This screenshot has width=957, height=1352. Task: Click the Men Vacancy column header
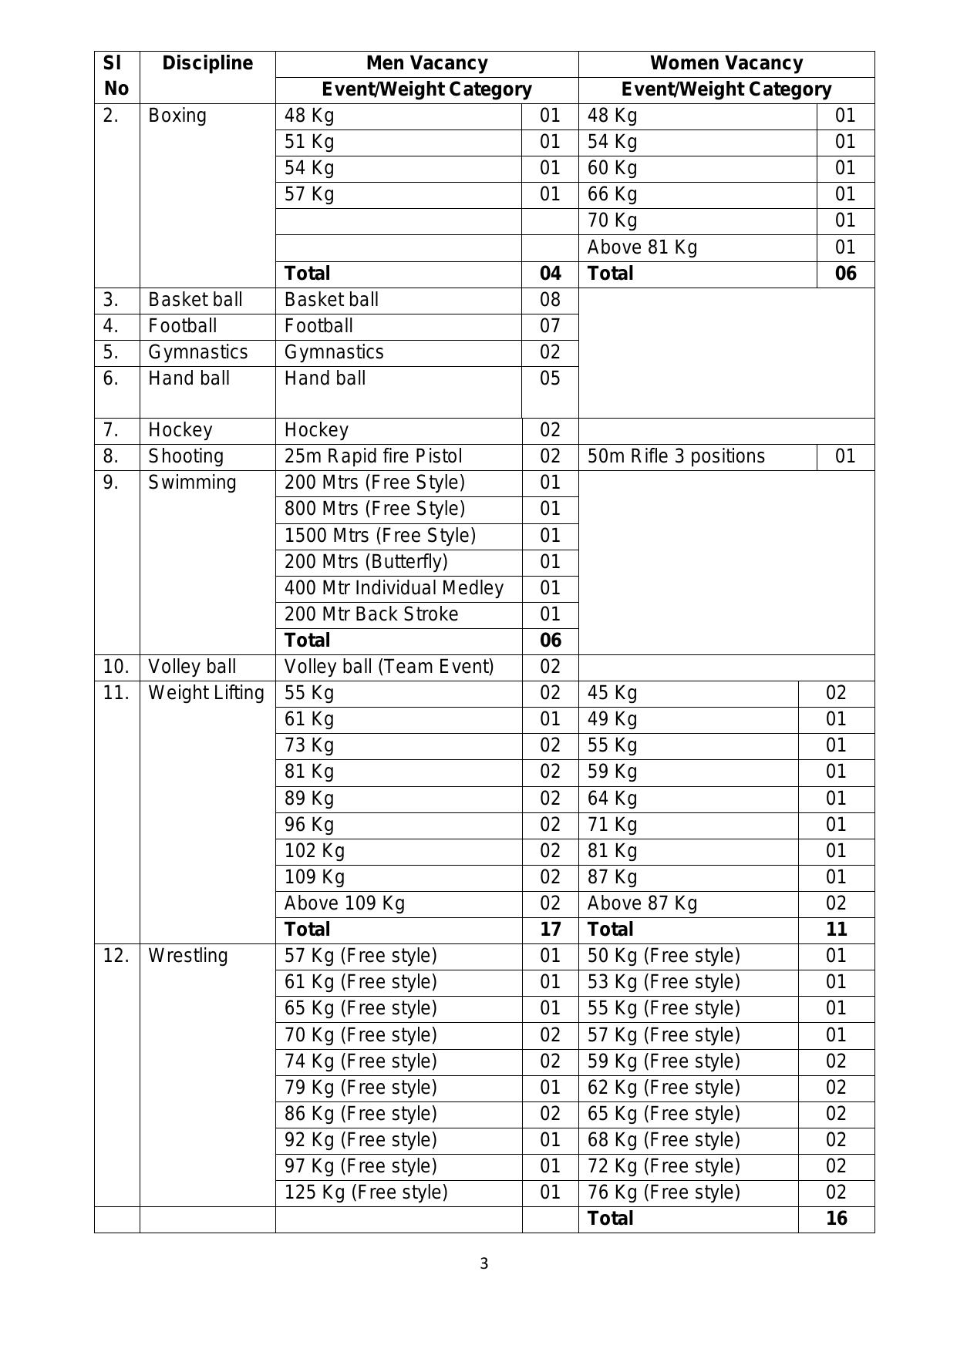pos(426,63)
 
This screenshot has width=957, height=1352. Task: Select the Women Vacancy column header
pos(726,63)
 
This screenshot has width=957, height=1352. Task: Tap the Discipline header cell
pos(207,63)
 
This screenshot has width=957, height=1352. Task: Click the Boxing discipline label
pos(177,116)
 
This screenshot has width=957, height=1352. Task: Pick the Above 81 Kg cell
pos(642,247)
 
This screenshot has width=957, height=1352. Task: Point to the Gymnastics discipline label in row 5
pos(198,352)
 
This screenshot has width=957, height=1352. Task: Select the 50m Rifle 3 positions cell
pos(676,456)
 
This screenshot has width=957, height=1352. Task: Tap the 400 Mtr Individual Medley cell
pos(393,588)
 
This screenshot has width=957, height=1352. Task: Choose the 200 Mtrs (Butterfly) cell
pos(366,562)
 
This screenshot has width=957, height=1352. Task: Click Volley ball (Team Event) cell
pos(389,667)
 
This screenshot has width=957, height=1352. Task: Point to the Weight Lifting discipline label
pos(206,693)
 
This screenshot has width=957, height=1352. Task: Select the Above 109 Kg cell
pos(344,903)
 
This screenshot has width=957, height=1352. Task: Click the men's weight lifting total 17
pos(550,930)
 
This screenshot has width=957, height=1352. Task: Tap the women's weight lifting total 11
pos(836,930)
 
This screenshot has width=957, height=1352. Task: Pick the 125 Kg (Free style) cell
pos(366,1192)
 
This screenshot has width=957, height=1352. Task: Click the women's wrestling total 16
pos(836,1219)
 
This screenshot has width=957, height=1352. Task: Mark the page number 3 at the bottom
pos(484,1263)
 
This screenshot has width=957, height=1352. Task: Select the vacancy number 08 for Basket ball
pos(550,300)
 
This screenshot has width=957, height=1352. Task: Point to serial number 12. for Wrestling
pos(116,956)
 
